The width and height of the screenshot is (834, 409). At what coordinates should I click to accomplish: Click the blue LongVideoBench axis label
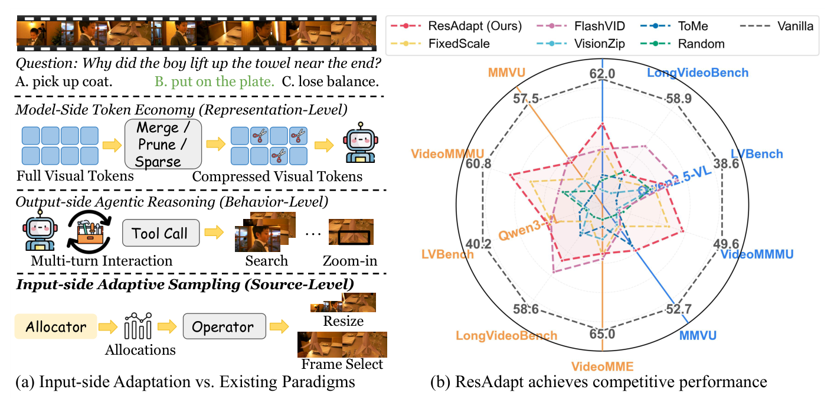coord(698,73)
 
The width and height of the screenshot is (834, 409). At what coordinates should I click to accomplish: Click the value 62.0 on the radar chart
coord(602,74)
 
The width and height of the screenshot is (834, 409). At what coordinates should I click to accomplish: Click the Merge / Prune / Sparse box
coord(163,144)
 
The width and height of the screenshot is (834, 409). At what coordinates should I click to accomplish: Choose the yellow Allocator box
coord(55,326)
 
